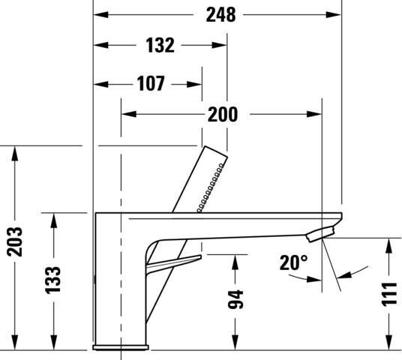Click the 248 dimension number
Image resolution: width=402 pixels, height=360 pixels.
click(x=220, y=15)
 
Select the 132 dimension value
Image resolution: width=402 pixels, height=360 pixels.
click(x=160, y=46)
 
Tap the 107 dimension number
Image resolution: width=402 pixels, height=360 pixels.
click(x=151, y=83)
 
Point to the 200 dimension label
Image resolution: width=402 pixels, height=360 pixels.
click(x=223, y=114)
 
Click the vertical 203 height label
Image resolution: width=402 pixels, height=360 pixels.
click(x=14, y=241)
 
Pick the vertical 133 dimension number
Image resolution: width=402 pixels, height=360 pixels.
click(x=53, y=280)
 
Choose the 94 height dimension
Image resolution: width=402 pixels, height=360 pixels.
click(x=235, y=299)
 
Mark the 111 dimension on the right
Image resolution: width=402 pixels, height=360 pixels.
click(x=389, y=294)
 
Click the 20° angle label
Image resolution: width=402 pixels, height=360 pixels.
click(x=294, y=262)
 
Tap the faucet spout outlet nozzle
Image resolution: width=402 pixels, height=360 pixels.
click(x=321, y=234)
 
